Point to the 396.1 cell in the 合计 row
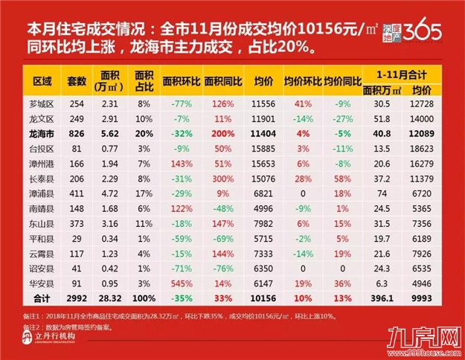point(385,296)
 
